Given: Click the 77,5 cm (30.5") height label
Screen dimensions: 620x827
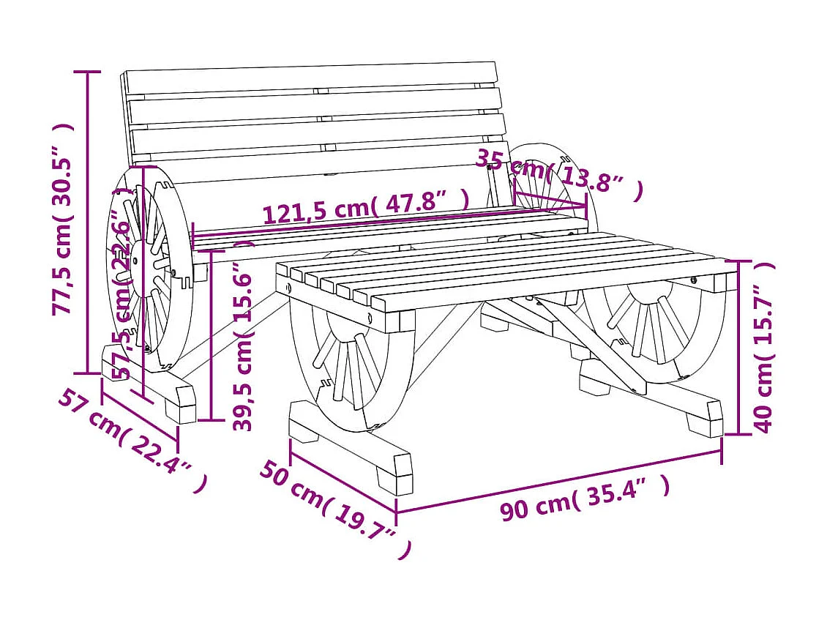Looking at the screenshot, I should pyautogui.click(x=64, y=220).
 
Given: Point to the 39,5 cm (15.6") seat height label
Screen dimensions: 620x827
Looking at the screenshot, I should pyautogui.click(x=243, y=337).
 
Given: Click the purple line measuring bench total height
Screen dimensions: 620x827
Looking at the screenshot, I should pyautogui.click(x=89, y=220).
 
